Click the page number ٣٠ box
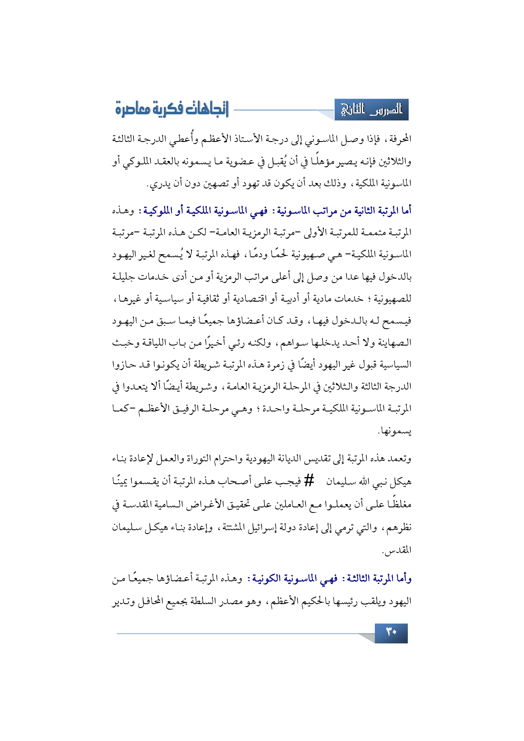[391, 633]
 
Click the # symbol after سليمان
[309, 480]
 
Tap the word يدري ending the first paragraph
[157, 184]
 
